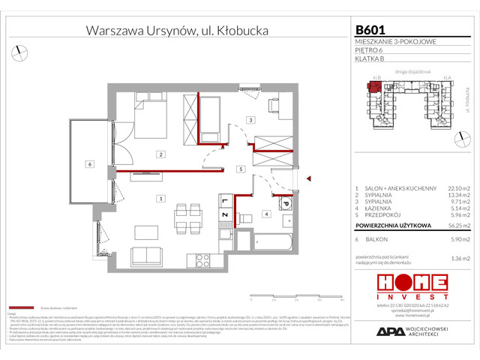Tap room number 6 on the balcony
[88, 163]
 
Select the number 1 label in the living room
[160, 198]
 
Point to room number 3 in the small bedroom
[251, 120]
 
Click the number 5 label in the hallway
[238, 169]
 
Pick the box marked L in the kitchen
[224, 201]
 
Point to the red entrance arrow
[307, 178]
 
